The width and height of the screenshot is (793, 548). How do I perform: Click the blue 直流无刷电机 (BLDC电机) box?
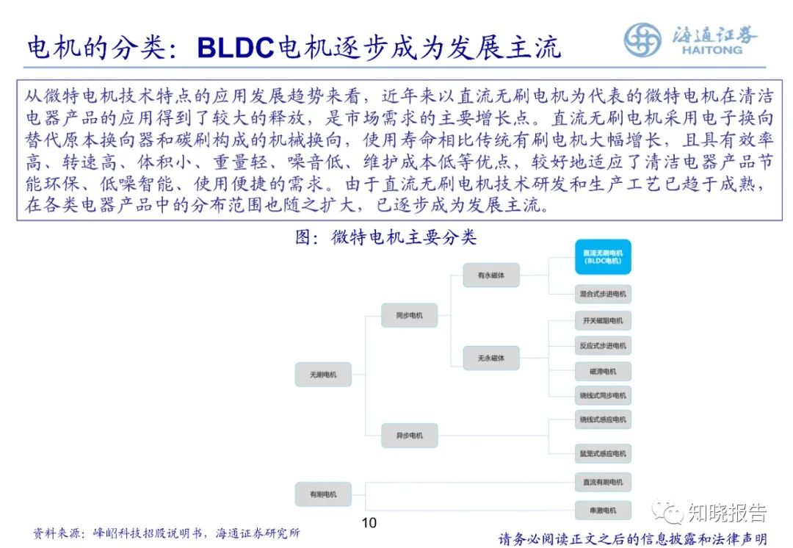(x=603, y=256)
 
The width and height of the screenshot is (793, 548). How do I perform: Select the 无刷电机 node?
(x=323, y=375)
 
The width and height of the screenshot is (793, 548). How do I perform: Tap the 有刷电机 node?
(x=323, y=494)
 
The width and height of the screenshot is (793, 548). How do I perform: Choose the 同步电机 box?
(x=409, y=315)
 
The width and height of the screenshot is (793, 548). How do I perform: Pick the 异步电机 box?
(x=409, y=436)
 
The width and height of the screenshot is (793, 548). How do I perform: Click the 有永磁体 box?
(x=491, y=275)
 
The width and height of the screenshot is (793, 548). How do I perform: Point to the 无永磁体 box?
(x=491, y=358)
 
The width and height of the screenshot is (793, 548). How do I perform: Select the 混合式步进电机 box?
(x=603, y=294)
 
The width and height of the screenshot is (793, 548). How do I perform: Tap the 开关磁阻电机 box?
(x=603, y=321)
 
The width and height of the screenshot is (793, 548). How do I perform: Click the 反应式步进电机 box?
(x=603, y=345)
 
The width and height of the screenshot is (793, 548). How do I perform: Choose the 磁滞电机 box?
(x=603, y=371)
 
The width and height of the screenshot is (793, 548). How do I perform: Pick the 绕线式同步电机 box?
(x=603, y=395)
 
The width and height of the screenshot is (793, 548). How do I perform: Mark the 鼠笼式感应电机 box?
(x=603, y=454)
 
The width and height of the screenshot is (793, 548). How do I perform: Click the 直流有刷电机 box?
(x=603, y=482)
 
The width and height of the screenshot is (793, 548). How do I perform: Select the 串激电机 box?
(x=603, y=510)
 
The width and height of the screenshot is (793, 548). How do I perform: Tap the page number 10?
(x=369, y=523)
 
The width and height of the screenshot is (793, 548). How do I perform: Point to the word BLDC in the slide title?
(x=236, y=48)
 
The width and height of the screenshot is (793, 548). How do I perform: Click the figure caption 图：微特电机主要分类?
(x=385, y=238)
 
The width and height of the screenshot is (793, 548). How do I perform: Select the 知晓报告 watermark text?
(x=727, y=512)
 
